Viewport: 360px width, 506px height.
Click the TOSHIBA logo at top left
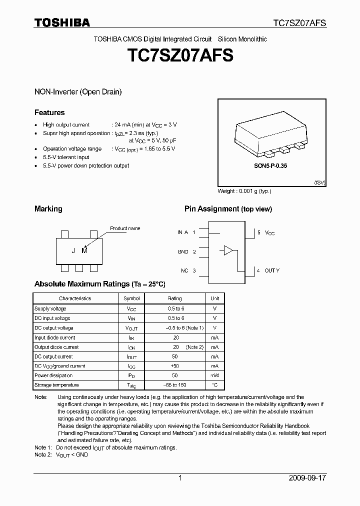(62, 22)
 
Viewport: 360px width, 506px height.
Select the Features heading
(49, 112)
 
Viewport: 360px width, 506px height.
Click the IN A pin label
(182, 232)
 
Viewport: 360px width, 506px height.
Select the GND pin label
(183, 251)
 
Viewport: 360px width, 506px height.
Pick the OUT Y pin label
(271, 270)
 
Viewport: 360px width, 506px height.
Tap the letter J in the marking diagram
(73, 251)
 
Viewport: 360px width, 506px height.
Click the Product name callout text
(125, 228)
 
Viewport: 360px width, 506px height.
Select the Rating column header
(175, 298)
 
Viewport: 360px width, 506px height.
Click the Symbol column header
(131, 298)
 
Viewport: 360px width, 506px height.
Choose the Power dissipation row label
(53, 375)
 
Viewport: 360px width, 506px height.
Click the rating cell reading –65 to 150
(175, 385)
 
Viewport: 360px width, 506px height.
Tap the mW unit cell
(214, 375)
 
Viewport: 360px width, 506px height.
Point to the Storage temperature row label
(56, 385)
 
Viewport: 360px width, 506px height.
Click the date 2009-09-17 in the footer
(307, 478)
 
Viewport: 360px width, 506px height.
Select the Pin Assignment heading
(228, 209)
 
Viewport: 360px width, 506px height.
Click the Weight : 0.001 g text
(244, 191)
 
